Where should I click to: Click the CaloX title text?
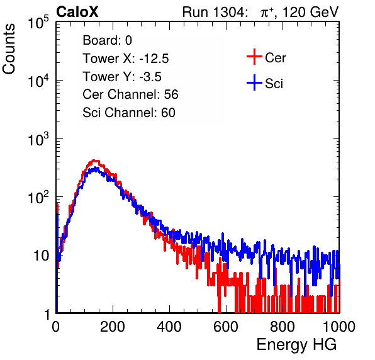(x=77, y=12)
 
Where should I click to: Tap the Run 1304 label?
(x=214, y=12)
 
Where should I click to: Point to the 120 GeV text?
(x=311, y=12)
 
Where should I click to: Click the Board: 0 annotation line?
(x=107, y=40)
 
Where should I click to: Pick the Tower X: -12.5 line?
(x=126, y=59)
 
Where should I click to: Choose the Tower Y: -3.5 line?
(x=122, y=77)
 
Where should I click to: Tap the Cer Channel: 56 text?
(x=130, y=94)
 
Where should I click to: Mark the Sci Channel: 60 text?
(x=129, y=113)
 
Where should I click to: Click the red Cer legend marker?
(x=254, y=57)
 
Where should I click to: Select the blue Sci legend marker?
(x=254, y=82)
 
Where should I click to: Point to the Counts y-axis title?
(x=9, y=49)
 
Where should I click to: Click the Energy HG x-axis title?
(x=296, y=345)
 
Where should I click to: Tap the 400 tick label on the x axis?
(x=169, y=327)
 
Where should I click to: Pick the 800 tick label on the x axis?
(x=283, y=327)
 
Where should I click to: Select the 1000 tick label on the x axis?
(x=339, y=327)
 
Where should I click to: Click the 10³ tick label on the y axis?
(x=39, y=139)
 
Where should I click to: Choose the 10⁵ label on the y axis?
(x=39, y=23)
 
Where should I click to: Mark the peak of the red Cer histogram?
(x=94, y=160)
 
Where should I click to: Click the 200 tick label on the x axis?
(x=113, y=327)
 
